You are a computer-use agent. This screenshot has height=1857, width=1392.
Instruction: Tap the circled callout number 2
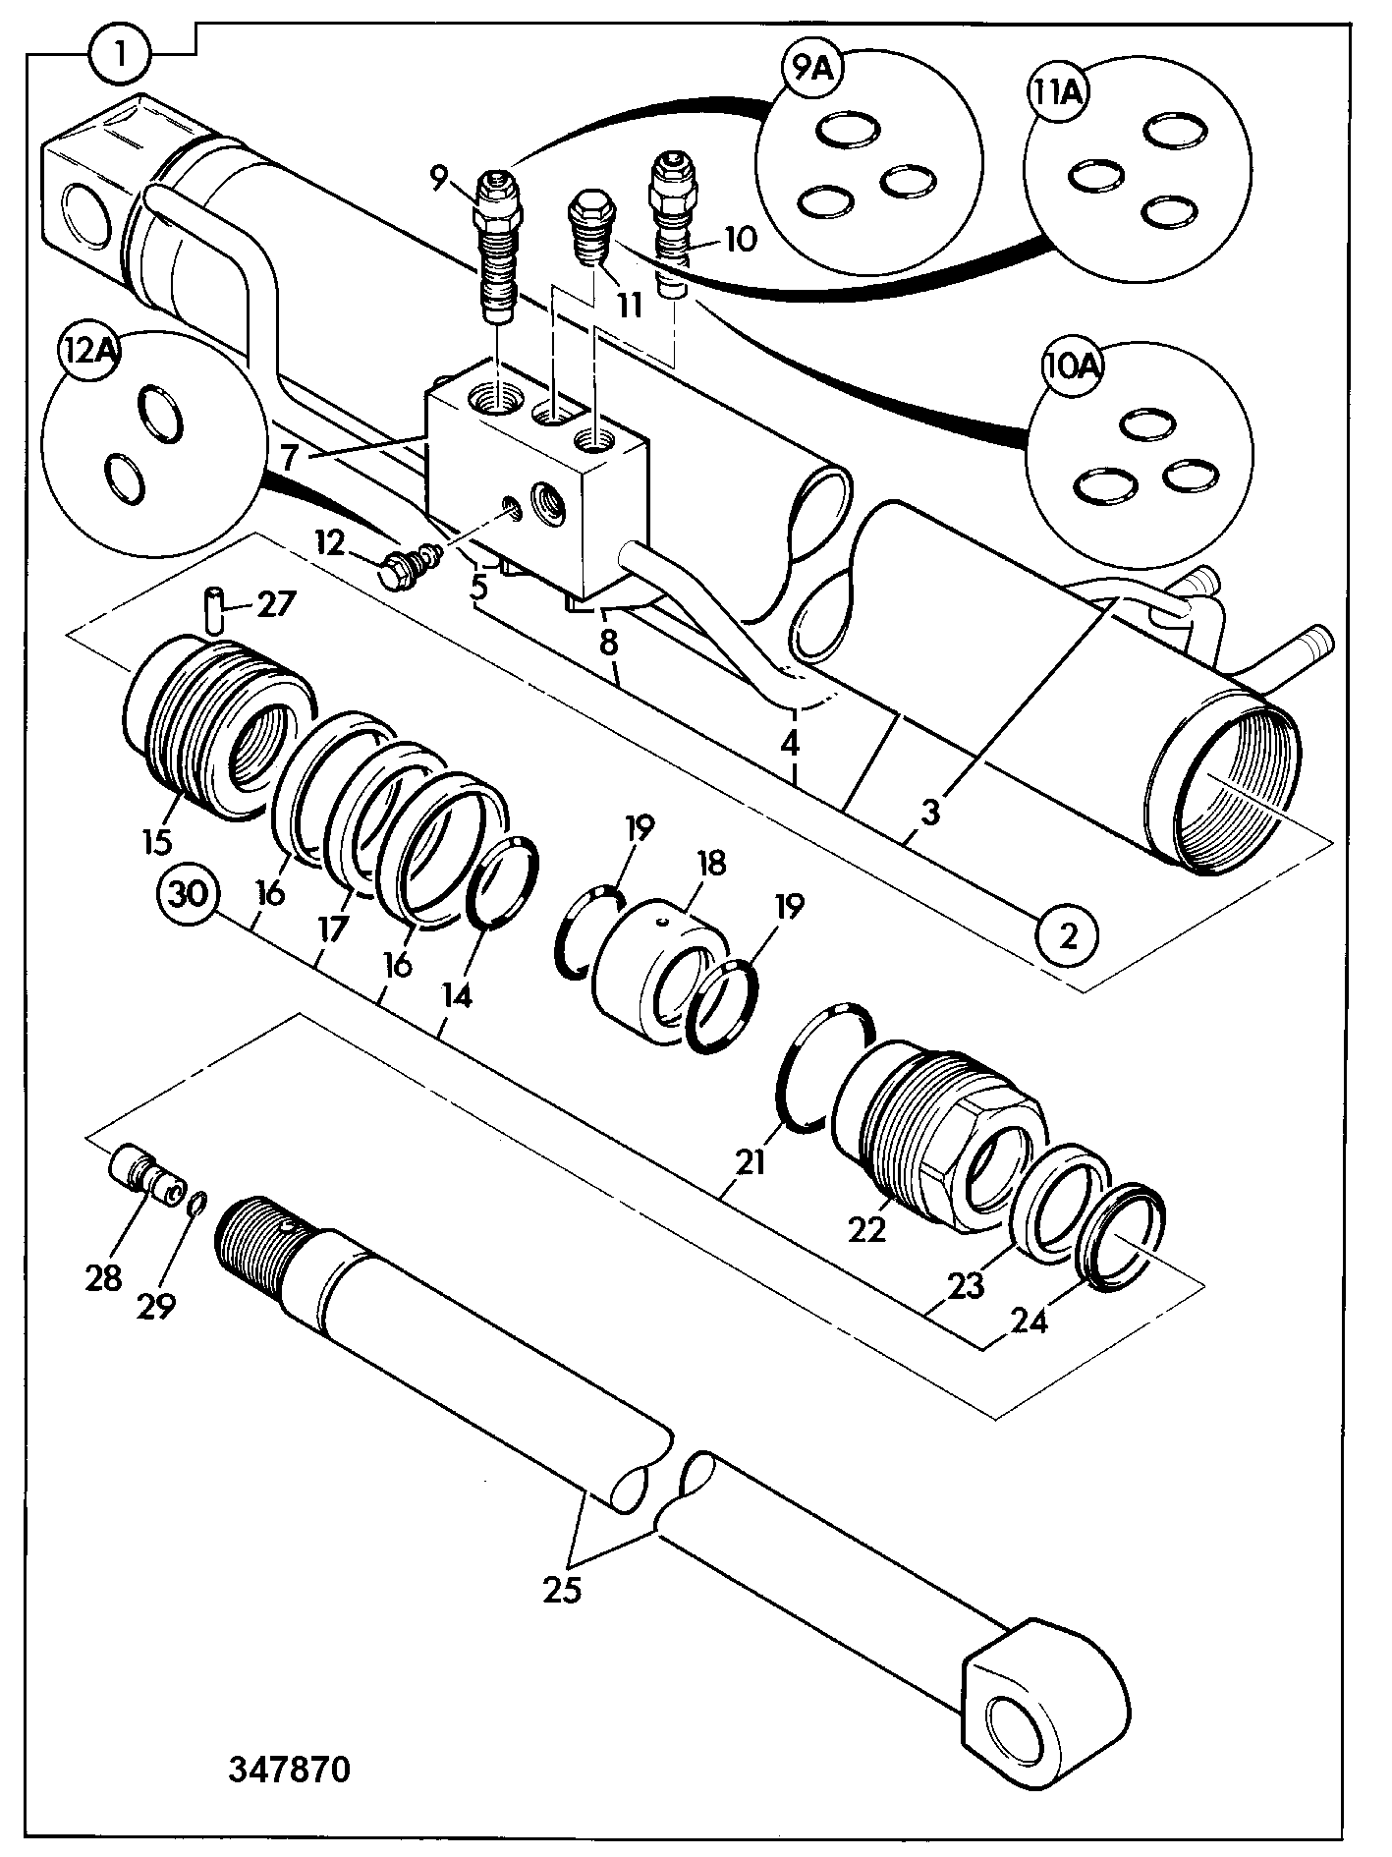pos(1067,936)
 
